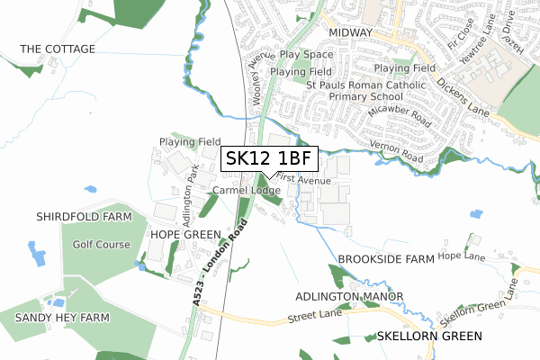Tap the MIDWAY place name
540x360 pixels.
click(x=350, y=32)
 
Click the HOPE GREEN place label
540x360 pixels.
click(x=184, y=234)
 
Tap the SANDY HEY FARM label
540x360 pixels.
click(x=55, y=318)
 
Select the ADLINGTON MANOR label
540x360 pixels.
click(x=345, y=296)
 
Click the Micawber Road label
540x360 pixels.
click(x=400, y=119)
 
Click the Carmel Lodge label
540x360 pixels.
click(x=248, y=191)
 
